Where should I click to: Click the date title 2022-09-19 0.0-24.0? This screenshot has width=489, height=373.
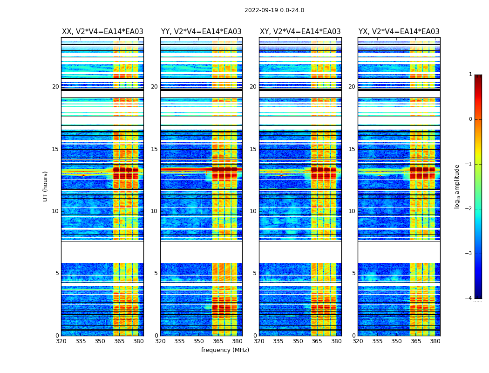coord(274,10)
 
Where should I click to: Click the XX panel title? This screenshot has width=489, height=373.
coord(102,32)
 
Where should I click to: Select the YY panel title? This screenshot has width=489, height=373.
coord(201,32)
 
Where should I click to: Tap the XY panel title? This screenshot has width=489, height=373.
coord(300,32)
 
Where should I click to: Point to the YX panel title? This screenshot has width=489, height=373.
coord(399,32)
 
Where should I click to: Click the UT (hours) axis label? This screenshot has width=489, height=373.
coord(46,186)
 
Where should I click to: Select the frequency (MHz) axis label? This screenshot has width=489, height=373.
coord(225,350)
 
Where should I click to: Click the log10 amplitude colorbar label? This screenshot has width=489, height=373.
coord(457,186)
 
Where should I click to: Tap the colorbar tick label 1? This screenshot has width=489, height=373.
coord(470,75)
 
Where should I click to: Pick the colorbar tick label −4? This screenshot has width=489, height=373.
coord(469,298)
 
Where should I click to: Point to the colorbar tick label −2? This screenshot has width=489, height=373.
coord(469,209)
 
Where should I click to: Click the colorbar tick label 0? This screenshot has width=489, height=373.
coord(470,119)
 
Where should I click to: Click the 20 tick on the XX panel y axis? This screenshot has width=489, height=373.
coord(55,87)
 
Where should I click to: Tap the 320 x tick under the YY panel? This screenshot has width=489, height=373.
coord(160,341)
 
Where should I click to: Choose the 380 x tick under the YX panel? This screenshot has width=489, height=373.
coord(435,341)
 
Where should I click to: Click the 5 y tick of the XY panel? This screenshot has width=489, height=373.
coord(255,273)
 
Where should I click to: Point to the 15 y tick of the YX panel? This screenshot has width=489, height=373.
coord(352,149)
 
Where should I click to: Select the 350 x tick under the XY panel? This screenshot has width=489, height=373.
coord(298,341)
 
